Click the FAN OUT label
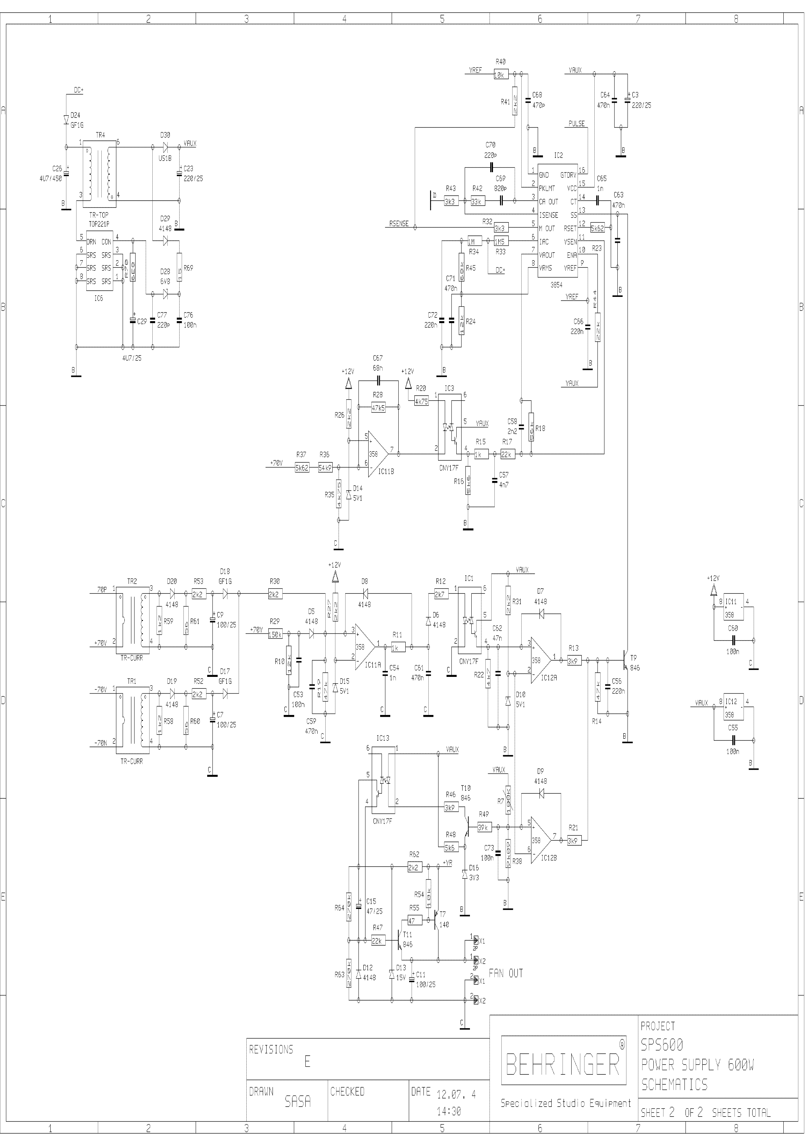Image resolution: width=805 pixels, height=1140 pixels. pyautogui.click(x=506, y=973)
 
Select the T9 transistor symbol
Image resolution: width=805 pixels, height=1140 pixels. pyautogui.click(x=626, y=660)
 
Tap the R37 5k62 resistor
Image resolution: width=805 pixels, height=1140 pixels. pyautogui.click(x=302, y=468)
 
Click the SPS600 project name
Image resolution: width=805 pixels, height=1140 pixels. pyautogui.click(x=661, y=1045)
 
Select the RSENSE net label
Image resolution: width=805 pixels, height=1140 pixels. pyautogui.click(x=399, y=224)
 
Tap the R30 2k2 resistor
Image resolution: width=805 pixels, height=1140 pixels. pyautogui.click(x=275, y=593)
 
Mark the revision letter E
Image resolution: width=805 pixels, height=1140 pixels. pyautogui.click(x=307, y=1061)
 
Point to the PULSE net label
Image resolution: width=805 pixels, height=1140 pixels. pyautogui.click(x=576, y=124)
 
